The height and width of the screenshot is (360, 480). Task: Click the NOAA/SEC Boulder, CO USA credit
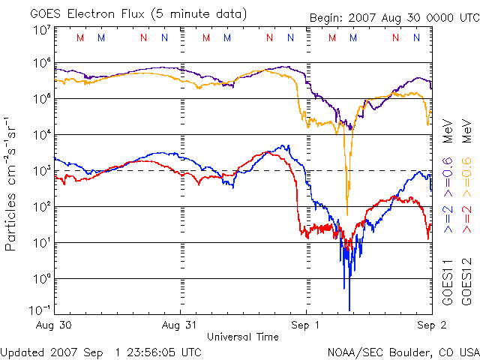[x=403, y=352]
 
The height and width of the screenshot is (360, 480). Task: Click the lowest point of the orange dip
[x=347, y=214]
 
